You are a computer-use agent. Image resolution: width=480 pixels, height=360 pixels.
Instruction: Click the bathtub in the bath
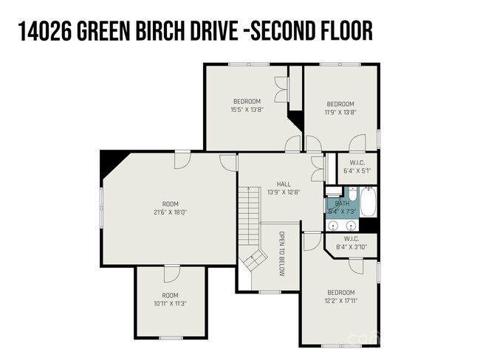point(367,203)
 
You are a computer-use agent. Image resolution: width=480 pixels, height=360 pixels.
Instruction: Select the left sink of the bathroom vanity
point(333,224)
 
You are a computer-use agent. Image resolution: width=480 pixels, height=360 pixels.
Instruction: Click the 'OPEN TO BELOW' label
point(281,254)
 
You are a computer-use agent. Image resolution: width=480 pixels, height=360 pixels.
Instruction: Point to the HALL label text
point(284,184)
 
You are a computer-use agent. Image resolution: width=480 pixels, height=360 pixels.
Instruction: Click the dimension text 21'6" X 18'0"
point(170,212)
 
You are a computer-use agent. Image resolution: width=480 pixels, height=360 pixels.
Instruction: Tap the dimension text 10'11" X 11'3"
point(170,302)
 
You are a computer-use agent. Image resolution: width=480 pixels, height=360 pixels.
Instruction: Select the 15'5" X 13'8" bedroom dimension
point(247,111)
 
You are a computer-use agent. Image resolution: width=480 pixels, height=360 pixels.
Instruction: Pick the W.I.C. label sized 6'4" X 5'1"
point(357,171)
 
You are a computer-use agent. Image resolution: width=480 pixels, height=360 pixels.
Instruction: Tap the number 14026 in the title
point(43,32)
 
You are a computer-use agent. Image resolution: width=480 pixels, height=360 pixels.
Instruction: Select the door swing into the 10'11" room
point(171,273)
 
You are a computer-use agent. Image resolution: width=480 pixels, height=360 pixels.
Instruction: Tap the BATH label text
point(342,204)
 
